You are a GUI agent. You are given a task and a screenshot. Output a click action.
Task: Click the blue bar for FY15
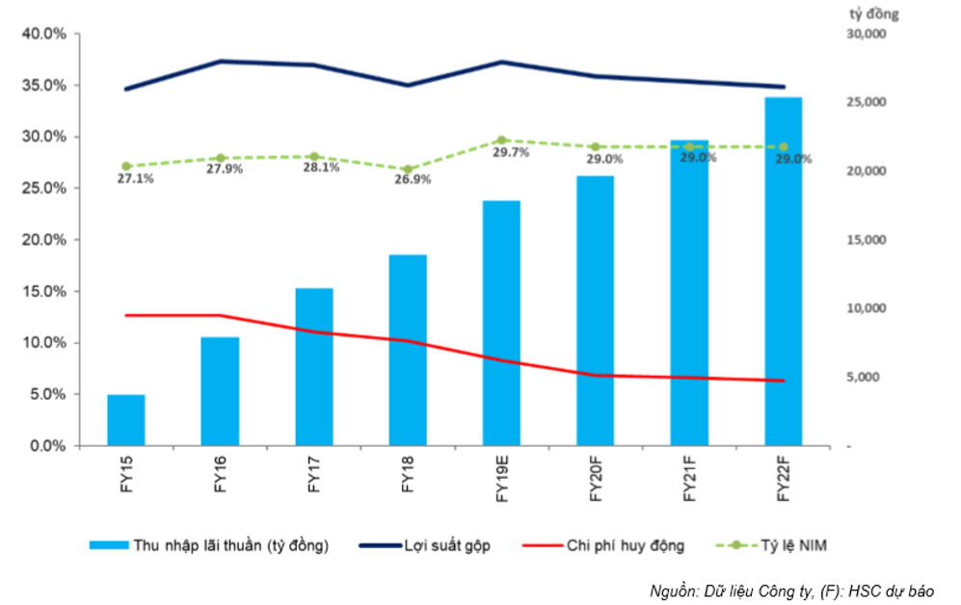(126, 420)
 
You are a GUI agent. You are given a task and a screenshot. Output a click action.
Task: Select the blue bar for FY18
(408, 351)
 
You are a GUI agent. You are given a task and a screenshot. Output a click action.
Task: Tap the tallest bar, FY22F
(784, 272)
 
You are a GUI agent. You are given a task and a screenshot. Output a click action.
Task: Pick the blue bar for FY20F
(595, 311)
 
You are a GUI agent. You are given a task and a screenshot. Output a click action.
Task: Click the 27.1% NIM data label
(136, 179)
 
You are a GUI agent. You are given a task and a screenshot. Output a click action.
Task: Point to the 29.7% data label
(511, 152)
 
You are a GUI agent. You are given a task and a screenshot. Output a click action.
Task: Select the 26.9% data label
(413, 179)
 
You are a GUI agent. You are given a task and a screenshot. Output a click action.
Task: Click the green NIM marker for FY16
(221, 159)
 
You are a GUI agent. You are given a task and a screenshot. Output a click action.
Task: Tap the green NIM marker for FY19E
(501, 141)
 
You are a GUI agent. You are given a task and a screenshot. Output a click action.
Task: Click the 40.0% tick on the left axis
(44, 34)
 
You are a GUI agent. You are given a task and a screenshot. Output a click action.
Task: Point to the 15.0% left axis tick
(44, 292)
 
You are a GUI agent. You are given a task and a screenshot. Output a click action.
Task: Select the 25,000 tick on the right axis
(866, 102)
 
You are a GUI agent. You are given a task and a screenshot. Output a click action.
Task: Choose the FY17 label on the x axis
(314, 474)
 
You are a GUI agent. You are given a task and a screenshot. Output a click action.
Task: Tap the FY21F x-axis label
(689, 479)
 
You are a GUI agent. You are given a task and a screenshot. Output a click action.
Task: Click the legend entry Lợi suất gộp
(425, 545)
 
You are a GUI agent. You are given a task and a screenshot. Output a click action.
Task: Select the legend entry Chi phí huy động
(603, 545)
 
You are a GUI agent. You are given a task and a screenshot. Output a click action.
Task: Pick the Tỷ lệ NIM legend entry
(771, 545)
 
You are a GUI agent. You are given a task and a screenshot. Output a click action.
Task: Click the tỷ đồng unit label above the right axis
(874, 14)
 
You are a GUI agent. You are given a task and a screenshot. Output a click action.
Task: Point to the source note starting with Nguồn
(792, 591)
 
